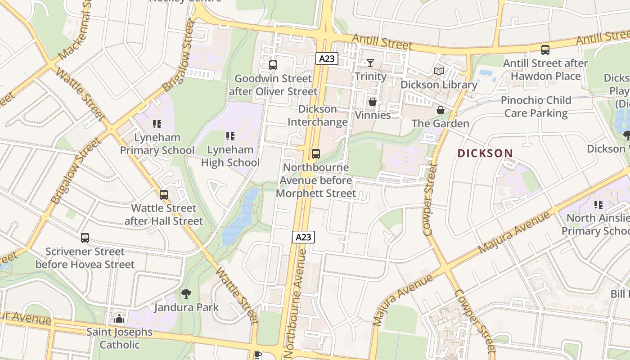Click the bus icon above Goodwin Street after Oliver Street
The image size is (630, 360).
point(273,65)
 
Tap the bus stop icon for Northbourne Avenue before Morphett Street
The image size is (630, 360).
point(316,154)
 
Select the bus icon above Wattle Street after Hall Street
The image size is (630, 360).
point(164,195)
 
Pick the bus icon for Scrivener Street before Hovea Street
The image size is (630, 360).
point(85,238)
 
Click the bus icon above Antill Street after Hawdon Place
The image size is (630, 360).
point(545,50)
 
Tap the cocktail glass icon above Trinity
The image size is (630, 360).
point(370,63)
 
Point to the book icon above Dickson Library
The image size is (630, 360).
point(439,71)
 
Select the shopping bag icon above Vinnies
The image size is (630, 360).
point(373,102)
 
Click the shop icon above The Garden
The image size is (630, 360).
point(441,110)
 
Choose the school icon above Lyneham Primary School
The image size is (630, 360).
point(157,124)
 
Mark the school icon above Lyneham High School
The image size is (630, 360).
point(230,136)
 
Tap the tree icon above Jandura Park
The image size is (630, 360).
point(186,294)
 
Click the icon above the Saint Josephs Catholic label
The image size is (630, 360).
point(119,319)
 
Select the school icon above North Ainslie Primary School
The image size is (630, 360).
point(598,205)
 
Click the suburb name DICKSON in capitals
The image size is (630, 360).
point(485,153)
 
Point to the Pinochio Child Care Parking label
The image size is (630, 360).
point(536,107)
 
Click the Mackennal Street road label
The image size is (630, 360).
point(75,31)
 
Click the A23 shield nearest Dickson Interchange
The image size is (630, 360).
point(327,58)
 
